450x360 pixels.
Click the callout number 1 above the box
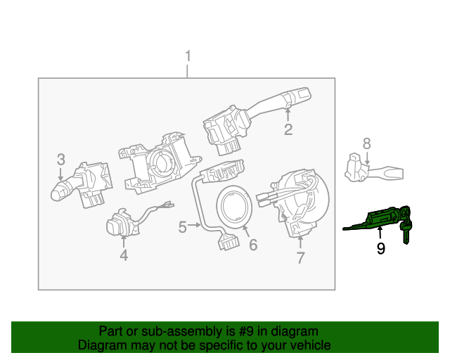[x=188, y=56]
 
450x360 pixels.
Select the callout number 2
[x=288, y=129]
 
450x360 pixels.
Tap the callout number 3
[x=61, y=159]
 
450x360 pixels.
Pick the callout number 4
[x=124, y=256]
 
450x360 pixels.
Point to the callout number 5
[x=182, y=227]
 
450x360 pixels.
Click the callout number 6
[x=253, y=245]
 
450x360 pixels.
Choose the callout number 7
[x=300, y=258]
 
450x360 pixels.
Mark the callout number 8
[x=366, y=143]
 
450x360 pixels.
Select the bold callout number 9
[x=380, y=248]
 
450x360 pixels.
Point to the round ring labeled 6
[x=234, y=209]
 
